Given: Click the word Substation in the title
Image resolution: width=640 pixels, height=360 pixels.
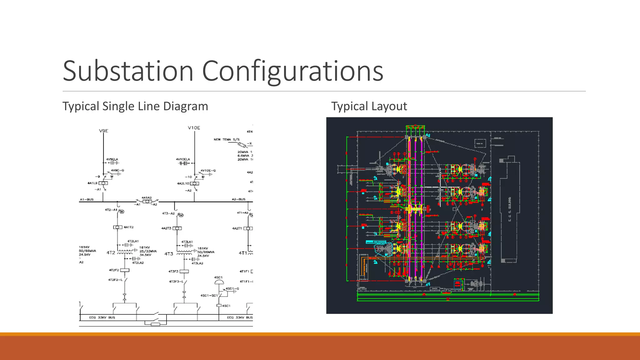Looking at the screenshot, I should pos(128,71).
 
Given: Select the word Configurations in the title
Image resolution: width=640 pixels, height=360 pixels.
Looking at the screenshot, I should pos(292,71).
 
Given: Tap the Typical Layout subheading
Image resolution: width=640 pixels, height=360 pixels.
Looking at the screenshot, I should pos(369,106).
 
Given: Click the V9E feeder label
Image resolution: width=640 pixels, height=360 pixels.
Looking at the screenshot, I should pos(103,131).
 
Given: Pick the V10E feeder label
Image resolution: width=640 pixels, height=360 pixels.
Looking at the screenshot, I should pos(194,128).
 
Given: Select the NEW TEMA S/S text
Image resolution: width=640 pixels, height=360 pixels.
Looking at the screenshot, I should pos(227,139).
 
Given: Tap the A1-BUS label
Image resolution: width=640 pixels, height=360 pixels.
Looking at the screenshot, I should pos(87,199).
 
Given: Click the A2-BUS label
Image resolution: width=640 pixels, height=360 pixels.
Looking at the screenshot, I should pos(238,199).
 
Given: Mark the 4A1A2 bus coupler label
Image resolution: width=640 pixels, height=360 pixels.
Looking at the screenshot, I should pos(147,198).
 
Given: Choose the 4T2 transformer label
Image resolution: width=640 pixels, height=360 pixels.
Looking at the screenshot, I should pos(111,252).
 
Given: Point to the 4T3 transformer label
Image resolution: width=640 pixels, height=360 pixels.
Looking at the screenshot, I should pos(169,254).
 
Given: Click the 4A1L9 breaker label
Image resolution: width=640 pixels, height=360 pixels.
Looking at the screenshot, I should pos(92,183).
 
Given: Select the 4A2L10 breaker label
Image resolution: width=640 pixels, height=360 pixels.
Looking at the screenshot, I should pos(183,183).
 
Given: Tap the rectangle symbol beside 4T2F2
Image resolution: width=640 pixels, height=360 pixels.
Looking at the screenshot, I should pos(125,270).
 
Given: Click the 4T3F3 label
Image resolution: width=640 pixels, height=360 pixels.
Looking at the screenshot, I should pos(173,271).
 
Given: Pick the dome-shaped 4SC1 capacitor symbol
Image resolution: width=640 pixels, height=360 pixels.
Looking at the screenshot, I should pos(219,282).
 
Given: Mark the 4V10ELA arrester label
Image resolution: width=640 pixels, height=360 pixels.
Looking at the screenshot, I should pos(183,159).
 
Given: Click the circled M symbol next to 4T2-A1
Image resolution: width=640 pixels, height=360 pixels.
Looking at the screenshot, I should pos(122,212).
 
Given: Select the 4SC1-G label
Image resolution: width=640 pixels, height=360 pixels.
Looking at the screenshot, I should pos(232,288).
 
